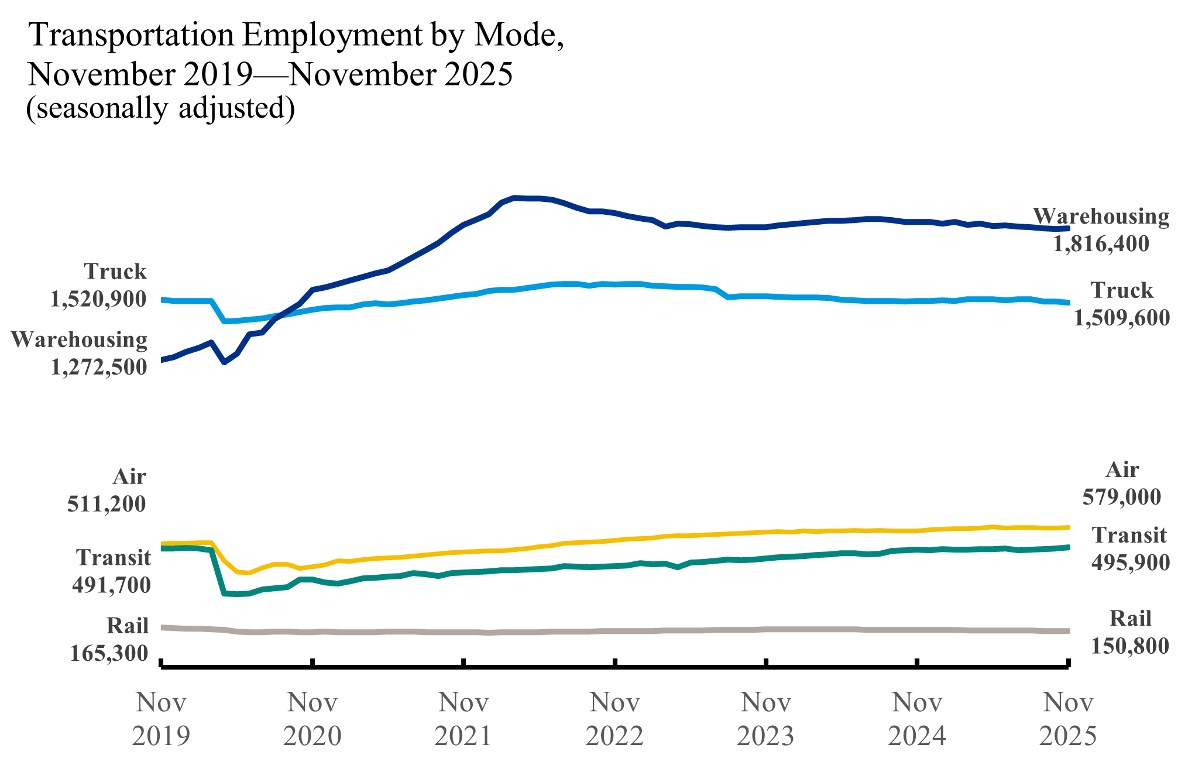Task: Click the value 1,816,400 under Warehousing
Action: click(1101, 244)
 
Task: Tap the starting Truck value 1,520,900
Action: click(98, 299)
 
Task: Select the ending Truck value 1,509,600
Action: click(1121, 318)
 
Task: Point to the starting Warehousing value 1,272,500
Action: click(98, 367)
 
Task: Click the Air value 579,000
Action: click(1121, 497)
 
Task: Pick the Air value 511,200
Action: click(107, 504)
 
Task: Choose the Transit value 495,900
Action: click(1130, 562)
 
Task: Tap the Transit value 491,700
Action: click(111, 585)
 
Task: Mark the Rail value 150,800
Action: click(1130, 646)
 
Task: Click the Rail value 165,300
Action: click(109, 653)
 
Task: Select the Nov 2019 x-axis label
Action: click(161, 719)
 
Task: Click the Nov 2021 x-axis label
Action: click(463, 719)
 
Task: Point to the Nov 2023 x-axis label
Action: click(765, 719)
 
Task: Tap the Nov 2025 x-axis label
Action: click(1068, 719)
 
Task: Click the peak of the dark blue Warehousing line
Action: click(514, 198)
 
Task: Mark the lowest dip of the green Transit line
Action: click(236, 595)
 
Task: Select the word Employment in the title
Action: click(331, 35)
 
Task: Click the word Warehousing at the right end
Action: click(1101, 217)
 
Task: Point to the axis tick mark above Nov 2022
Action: click(614, 663)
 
